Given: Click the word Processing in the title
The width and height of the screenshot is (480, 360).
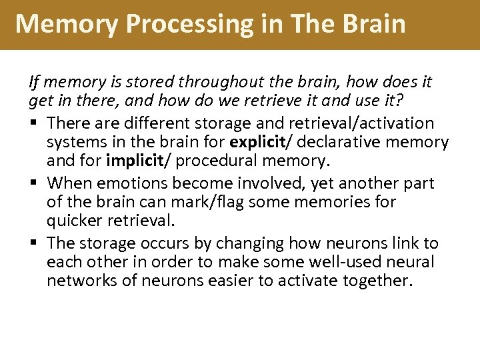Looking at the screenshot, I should (179, 24).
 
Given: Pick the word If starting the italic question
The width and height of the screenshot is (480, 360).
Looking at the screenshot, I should (33, 83).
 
